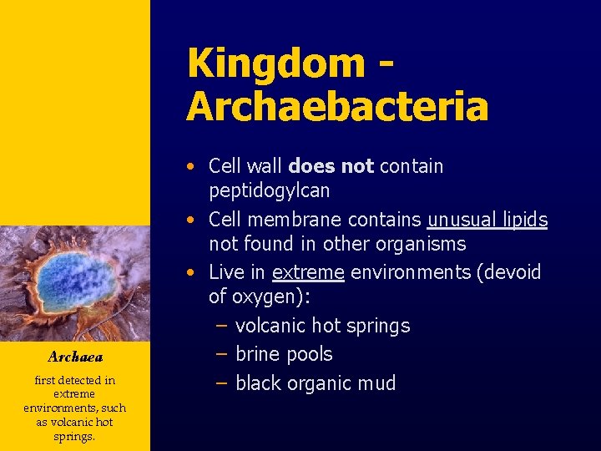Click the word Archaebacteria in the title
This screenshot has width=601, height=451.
337,106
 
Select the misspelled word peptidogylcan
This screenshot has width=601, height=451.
270,190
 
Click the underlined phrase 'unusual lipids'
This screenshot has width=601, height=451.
487,220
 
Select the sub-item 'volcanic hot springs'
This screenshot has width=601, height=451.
322,326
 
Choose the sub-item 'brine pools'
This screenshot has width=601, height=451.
284,354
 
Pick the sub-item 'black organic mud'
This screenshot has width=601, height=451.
316,383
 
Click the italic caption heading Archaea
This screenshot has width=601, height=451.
75,357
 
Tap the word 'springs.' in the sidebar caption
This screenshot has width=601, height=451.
75,436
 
